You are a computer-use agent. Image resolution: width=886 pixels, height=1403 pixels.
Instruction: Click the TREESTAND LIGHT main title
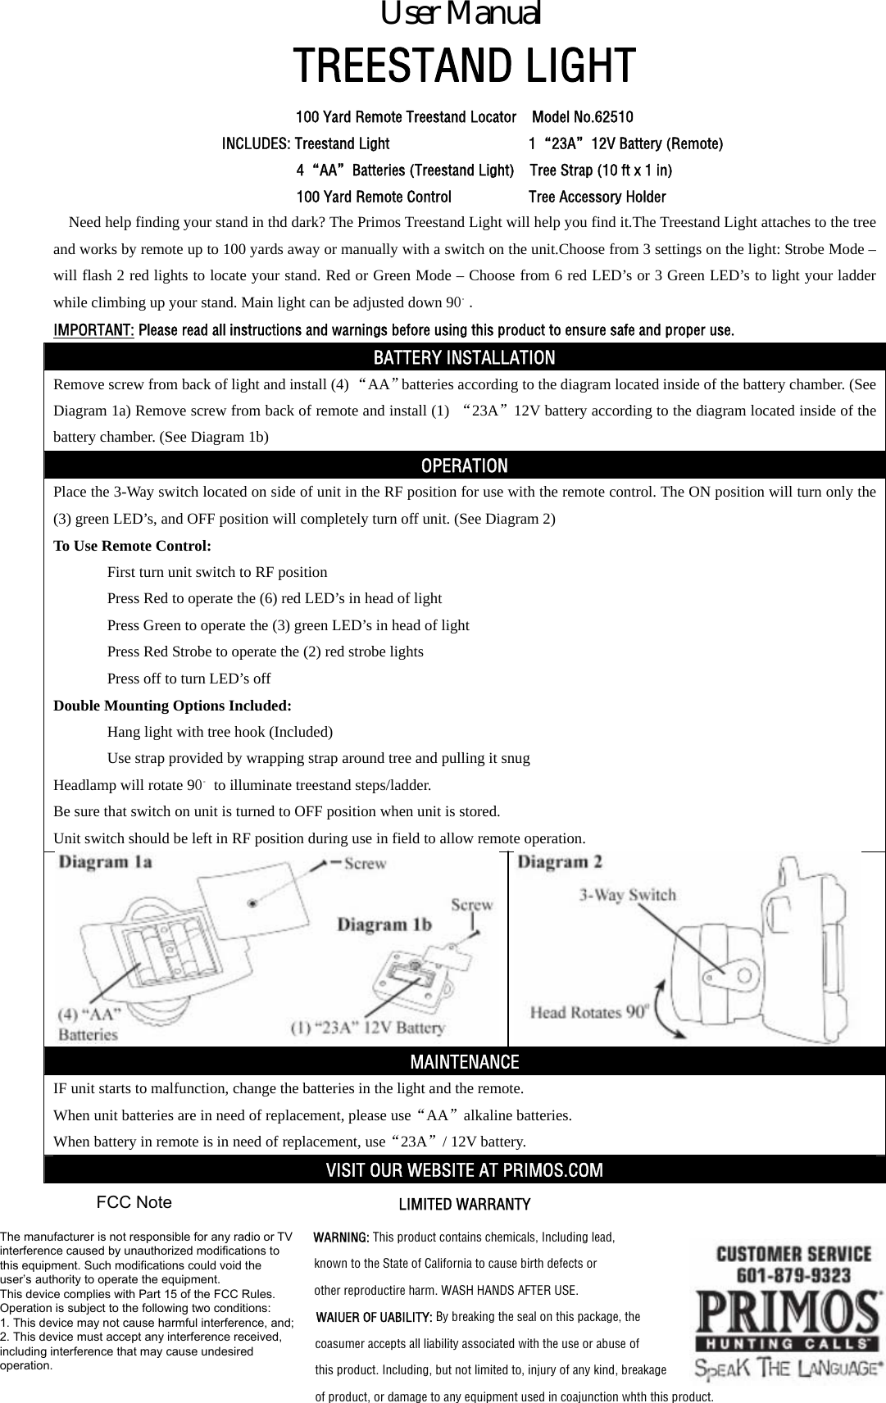(464, 66)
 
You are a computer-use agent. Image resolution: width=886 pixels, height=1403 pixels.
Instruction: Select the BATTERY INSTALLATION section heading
(464, 358)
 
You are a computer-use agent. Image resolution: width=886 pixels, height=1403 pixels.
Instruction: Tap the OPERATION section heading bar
(464, 465)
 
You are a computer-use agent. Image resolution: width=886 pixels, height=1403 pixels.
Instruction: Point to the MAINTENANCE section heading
(464, 1062)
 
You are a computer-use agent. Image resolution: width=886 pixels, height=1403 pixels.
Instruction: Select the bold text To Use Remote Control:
(132, 546)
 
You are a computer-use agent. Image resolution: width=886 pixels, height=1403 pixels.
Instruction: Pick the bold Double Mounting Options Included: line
(172, 706)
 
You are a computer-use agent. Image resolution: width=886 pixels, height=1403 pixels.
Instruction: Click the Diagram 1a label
(106, 862)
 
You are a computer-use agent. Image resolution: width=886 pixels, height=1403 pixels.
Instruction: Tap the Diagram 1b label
(385, 924)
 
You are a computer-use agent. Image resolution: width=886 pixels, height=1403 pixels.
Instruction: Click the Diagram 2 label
(561, 862)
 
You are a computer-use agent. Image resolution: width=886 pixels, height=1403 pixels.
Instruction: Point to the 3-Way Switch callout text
(628, 894)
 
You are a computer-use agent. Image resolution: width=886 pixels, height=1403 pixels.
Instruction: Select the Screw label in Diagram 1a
(365, 863)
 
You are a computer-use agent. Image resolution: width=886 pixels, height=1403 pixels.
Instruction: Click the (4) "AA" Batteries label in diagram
(89, 1024)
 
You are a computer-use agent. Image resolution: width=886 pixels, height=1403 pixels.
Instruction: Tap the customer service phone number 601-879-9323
(793, 1276)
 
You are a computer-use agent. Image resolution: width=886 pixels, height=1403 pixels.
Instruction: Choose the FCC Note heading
(134, 1202)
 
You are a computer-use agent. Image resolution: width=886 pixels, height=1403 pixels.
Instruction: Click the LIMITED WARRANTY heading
(464, 1205)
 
